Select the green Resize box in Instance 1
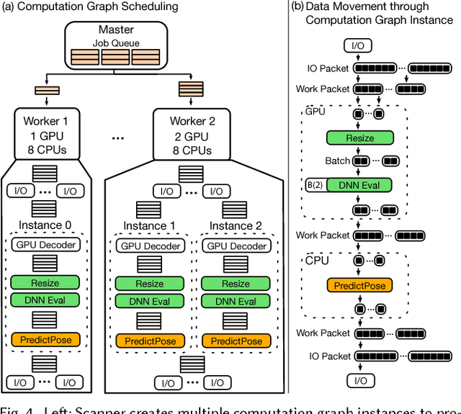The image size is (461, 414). [x=150, y=284]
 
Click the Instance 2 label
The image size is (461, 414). [x=236, y=225]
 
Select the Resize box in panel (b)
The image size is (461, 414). [x=359, y=138]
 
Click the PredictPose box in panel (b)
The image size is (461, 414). [x=359, y=286]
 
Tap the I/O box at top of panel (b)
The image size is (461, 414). [x=357, y=47]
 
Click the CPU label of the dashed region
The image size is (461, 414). [x=317, y=260]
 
